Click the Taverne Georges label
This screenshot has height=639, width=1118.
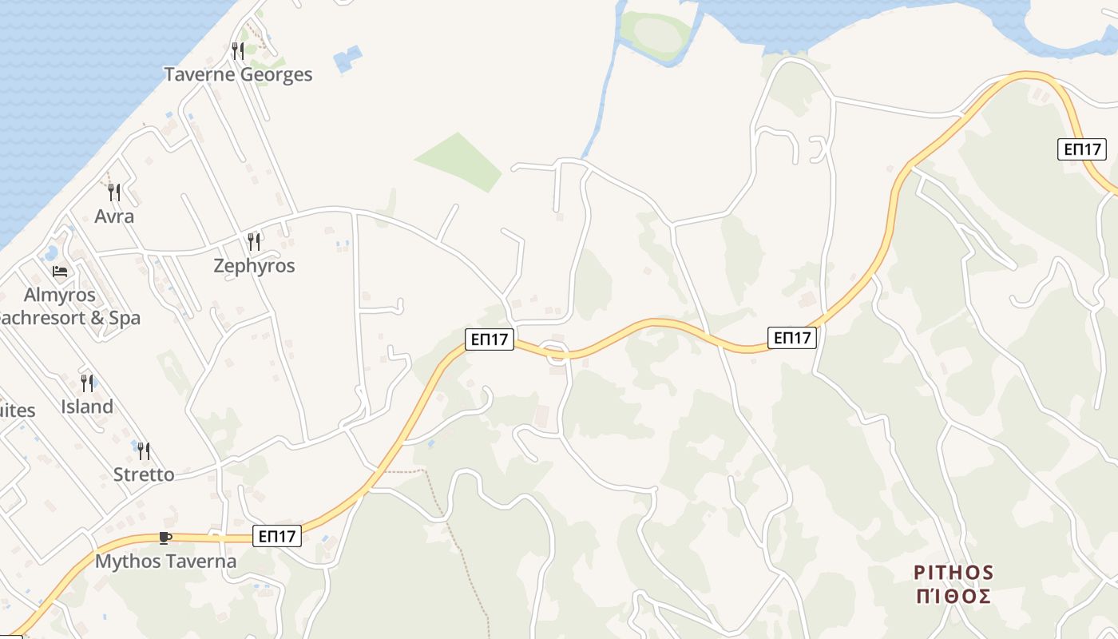(x=238, y=74)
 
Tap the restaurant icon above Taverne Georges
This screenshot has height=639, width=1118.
(x=237, y=51)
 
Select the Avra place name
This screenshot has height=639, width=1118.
(x=114, y=216)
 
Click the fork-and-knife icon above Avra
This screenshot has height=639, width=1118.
(x=114, y=192)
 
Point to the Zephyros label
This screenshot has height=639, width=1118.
(x=254, y=266)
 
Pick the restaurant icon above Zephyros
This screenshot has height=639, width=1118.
(x=254, y=241)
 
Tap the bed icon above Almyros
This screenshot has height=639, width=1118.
(x=60, y=272)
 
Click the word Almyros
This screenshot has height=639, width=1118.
(x=60, y=295)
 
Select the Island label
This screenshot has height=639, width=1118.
(x=87, y=407)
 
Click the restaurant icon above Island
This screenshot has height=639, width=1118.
(x=86, y=383)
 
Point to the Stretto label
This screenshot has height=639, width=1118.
(x=144, y=474)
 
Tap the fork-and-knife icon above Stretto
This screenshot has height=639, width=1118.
(x=144, y=451)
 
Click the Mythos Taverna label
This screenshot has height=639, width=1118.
(x=166, y=562)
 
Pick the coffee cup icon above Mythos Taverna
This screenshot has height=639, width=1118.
(x=165, y=538)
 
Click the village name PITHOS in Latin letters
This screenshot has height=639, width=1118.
(x=953, y=573)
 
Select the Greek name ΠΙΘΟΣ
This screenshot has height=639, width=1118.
(x=953, y=596)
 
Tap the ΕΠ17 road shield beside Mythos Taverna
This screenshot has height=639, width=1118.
(x=277, y=536)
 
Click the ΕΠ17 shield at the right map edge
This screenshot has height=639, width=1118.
(x=1082, y=149)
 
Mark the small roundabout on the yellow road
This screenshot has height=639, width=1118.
(x=553, y=351)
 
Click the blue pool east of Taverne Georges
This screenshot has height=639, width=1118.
(x=348, y=59)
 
